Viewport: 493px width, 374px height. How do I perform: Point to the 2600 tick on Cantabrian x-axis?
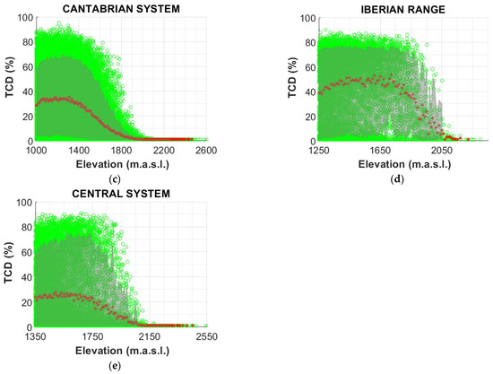click(206, 151)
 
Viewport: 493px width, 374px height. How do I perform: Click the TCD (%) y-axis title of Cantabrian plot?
click(8, 79)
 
